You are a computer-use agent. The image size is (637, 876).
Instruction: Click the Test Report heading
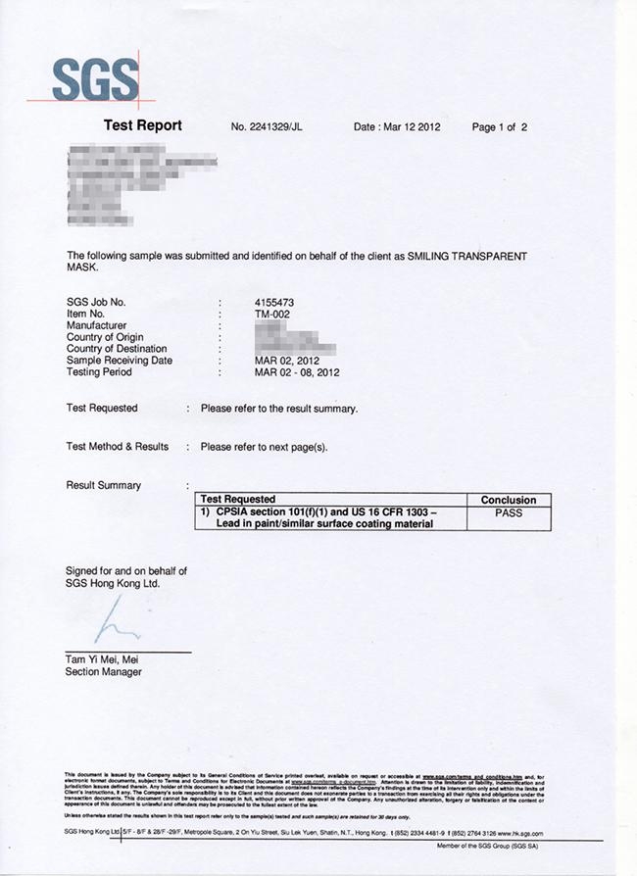tap(142, 126)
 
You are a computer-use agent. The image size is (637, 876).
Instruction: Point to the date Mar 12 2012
tap(397, 127)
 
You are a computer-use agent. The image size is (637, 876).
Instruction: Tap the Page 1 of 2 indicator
tap(500, 127)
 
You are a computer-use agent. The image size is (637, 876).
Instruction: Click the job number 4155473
tap(274, 302)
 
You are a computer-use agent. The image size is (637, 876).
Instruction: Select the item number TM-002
tap(273, 314)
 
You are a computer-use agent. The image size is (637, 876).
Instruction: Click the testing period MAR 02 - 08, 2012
tap(297, 372)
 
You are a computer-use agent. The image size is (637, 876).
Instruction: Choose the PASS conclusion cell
tap(509, 512)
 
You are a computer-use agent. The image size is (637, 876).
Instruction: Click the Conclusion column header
tap(509, 500)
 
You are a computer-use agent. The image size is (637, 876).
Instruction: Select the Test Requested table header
tap(237, 500)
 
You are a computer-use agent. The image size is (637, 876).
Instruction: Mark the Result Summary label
tap(103, 486)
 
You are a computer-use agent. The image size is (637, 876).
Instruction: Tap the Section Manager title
tap(103, 672)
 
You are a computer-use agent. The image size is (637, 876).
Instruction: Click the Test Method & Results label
tap(117, 447)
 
